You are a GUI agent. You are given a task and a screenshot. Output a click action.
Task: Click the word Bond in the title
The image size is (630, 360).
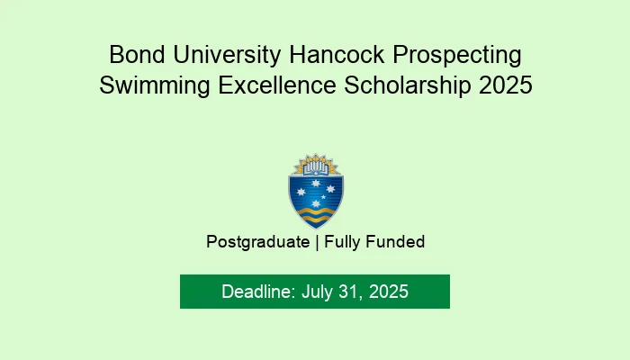132,55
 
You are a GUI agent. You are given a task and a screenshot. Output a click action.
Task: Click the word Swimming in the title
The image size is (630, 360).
148,86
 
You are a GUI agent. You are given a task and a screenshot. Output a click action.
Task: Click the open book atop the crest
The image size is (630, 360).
315,165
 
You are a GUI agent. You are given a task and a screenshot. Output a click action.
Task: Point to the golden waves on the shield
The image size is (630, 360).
315,213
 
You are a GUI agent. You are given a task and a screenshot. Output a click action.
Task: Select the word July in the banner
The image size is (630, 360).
316,292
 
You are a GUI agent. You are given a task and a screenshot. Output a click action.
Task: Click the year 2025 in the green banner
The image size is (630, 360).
388,292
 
